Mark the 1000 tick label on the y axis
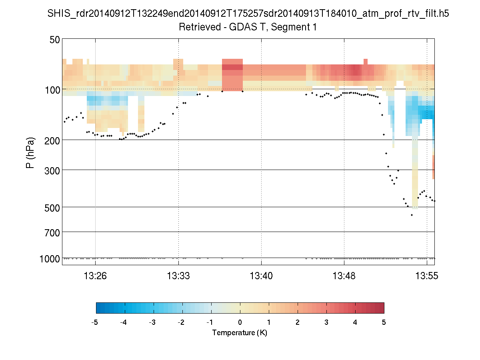50,259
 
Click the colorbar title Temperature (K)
240,333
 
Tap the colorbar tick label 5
384,322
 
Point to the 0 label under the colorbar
240,322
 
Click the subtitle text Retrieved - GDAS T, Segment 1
248,27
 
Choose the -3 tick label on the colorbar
153,322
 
